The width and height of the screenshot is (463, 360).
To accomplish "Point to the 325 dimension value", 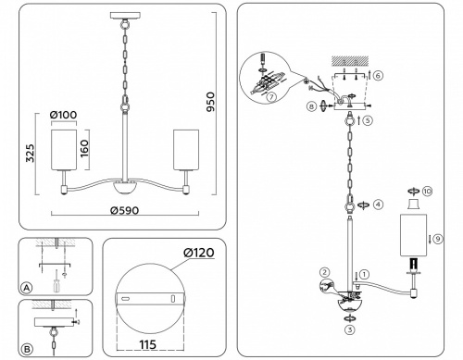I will [x=30, y=154].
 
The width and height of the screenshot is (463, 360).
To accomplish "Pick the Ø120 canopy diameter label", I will [x=197, y=253].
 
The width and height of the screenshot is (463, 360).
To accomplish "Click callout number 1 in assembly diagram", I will [x=365, y=274].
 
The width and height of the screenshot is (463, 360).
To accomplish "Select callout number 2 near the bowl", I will [x=325, y=272].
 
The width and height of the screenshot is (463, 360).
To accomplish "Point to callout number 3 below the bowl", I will [x=350, y=329].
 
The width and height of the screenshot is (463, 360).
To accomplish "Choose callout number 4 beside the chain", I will [x=377, y=203].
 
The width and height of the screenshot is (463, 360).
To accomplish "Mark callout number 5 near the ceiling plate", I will [x=369, y=120].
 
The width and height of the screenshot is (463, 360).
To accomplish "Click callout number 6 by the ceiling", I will [x=378, y=73].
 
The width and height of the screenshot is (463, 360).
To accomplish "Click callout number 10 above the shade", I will [x=427, y=192].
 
